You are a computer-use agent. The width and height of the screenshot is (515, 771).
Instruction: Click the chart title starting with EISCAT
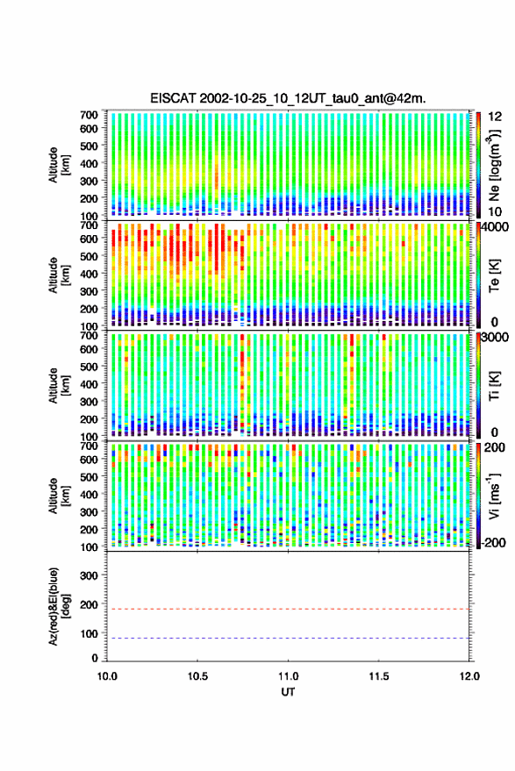click(x=288, y=98)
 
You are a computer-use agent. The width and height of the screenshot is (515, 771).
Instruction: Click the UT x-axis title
click(x=288, y=692)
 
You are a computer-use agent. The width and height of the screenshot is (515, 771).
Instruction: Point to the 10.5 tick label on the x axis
click(x=197, y=676)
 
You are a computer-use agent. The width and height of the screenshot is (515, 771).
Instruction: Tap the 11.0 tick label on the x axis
click(x=288, y=676)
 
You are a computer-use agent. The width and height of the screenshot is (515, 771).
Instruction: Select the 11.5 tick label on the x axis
click(x=378, y=676)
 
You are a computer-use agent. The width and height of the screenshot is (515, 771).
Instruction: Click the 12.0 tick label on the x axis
click(x=469, y=676)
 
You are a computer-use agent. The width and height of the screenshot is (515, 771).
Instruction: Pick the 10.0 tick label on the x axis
click(x=107, y=676)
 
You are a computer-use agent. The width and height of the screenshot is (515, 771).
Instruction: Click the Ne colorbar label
click(x=495, y=165)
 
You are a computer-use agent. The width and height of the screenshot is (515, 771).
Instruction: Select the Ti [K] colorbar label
click(x=494, y=386)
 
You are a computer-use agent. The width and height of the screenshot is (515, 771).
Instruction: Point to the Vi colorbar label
click(x=494, y=496)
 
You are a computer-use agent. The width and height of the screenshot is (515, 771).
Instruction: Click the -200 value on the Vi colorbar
click(x=492, y=542)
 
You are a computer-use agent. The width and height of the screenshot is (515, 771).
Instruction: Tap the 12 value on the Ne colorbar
click(x=495, y=117)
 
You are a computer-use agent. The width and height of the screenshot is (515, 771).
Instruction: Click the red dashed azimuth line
click(x=288, y=610)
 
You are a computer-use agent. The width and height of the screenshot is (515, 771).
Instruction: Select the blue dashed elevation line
click(x=288, y=639)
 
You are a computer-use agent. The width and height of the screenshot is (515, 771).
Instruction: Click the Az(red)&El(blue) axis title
click(x=59, y=607)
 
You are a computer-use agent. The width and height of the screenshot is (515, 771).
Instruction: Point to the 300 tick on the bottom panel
click(x=89, y=575)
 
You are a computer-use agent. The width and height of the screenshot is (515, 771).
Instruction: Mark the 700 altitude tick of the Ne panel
click(x=89, y=115)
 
